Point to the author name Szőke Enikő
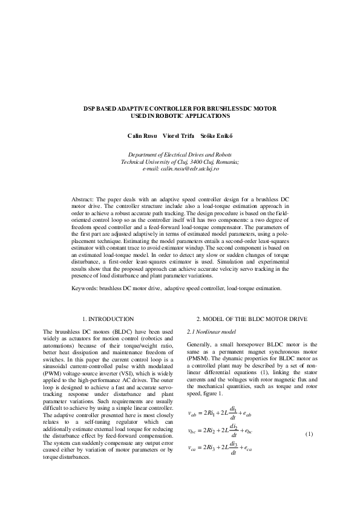click(x=221, y=134)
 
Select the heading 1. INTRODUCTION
click(x=108, y=318)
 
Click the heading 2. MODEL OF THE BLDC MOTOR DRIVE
click(x=252, y=318)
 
